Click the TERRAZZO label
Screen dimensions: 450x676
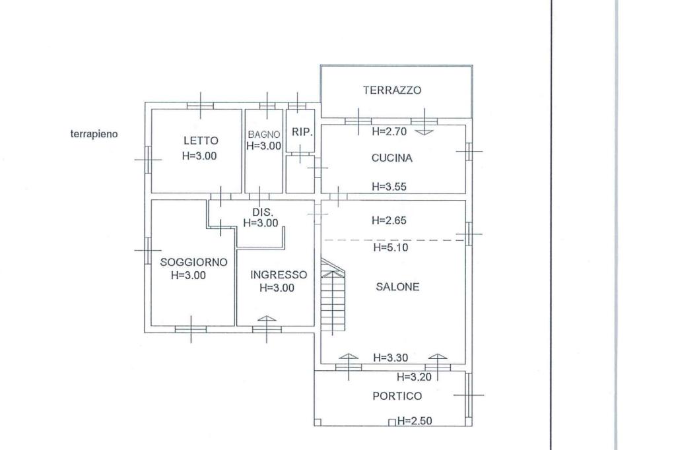[391, 90]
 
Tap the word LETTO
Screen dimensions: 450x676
[201, 141]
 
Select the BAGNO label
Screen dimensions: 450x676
[264, 135]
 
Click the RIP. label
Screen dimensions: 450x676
[302, 132]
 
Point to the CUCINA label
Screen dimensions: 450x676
[391, 158]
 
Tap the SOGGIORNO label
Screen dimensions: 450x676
[193, 262]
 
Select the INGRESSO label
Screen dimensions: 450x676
[279, 275]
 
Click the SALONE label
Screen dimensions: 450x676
[397, 287]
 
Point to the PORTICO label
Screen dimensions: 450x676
[397, 396]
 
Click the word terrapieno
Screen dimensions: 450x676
[94, 134]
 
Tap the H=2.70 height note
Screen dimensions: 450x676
[389, 131]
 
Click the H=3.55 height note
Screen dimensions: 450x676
[389, 187]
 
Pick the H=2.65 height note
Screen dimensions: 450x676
[389, 220]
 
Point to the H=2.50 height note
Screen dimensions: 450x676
[414, 421]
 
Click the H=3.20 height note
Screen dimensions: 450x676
[414, 378]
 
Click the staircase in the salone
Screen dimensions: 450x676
[333, 297]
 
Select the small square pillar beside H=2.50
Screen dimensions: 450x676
[392, 422]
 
